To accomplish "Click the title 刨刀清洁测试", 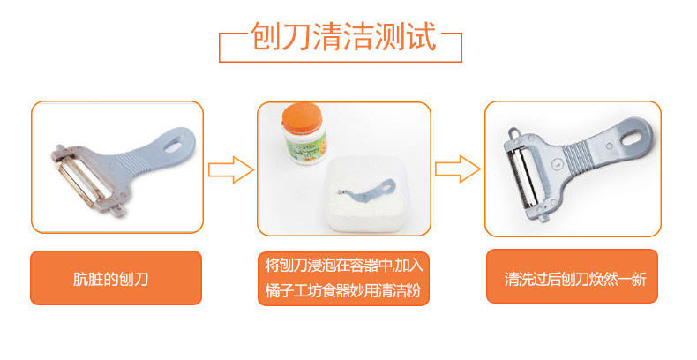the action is [343, 35].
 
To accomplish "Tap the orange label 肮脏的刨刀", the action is [110, 279].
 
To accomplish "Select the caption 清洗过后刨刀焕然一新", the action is [575, 279].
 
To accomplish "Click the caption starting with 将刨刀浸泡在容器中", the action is [344, 278].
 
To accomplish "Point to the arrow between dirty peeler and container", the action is [230, 169].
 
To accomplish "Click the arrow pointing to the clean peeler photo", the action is [458, 169].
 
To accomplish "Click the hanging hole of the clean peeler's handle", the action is [634, 134].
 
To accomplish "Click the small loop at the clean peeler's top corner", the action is [514, 132].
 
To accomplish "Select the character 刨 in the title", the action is [266, 35].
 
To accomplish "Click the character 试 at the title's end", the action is [421, 35].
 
